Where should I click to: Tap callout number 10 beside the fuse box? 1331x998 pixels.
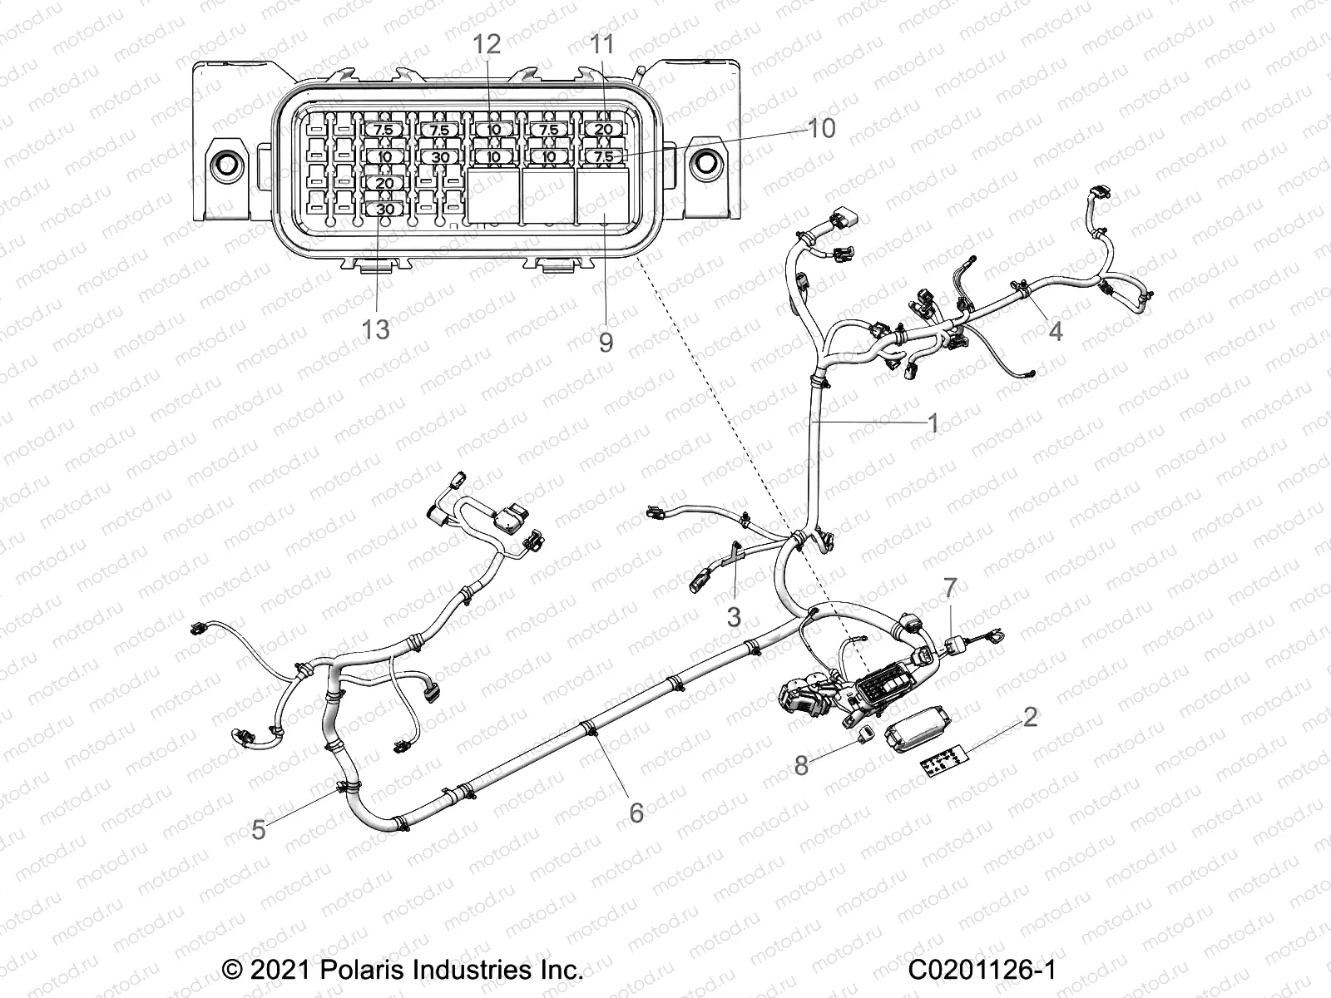click(821, 129)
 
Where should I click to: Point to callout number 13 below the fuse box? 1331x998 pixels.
click(376, 329)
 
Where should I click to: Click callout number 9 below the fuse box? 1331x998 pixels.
click(606, 342)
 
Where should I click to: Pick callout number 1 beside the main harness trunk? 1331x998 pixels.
click(933, 422)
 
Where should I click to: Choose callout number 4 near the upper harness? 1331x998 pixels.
click(1056, 331)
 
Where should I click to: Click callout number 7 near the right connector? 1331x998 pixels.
click(950, 588)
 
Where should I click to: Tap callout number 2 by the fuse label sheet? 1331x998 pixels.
click(1030, 717)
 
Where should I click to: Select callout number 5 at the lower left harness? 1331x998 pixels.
click(259, 829)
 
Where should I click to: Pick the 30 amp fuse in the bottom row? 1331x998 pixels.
click(385, 210)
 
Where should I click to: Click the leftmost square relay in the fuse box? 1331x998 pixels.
click(492, 196)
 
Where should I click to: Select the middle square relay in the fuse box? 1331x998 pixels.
click(547, 196)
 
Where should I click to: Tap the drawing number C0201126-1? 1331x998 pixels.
click(982, 970)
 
